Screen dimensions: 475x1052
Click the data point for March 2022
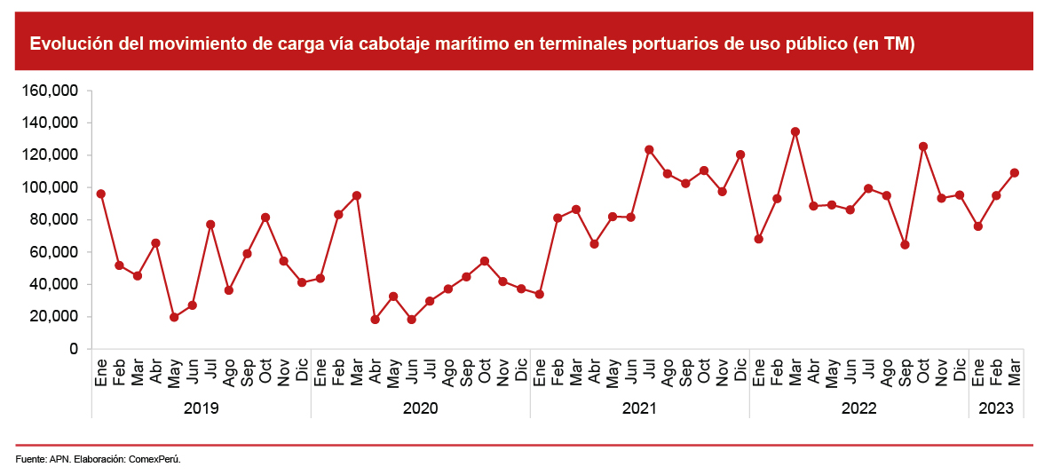tap(795, 131)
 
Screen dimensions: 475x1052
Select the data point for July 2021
tap(649, 149)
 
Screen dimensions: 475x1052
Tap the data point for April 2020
tap(375, 320)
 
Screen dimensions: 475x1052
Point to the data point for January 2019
tap(101, 194)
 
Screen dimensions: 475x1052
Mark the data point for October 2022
tap(923, 146)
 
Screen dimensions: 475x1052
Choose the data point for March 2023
tap(1015, 173)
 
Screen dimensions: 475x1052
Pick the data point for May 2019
tap(174, 317)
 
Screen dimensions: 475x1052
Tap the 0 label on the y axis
tap(75, 349)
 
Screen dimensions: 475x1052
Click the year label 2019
tap(201, 408)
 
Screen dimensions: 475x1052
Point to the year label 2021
tap(639, 408)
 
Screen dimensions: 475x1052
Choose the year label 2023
tap(996, 408)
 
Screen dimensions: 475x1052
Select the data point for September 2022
tap(905, 244)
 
